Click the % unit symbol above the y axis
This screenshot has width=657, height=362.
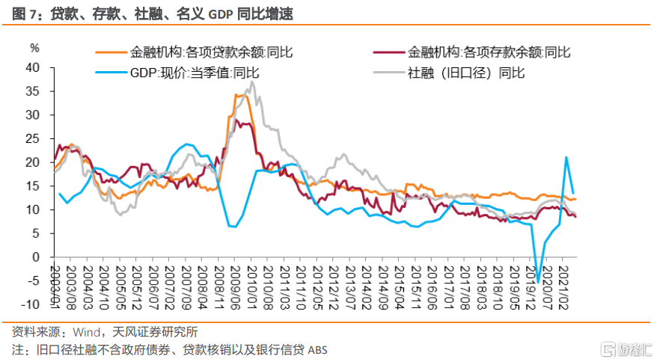(34, 48)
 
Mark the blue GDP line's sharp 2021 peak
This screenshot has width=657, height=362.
(566, 157)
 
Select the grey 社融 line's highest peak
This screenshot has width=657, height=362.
(252, 82)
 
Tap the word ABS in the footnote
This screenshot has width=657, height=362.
(317, 350)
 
